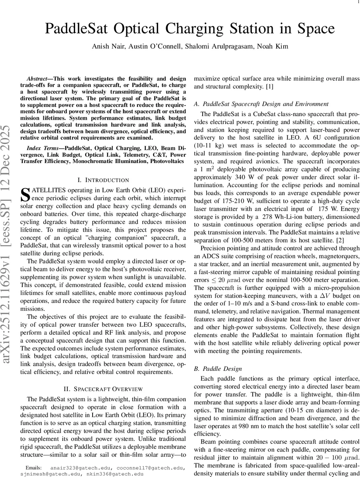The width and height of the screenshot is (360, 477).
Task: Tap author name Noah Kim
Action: click(x=273, y=47)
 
